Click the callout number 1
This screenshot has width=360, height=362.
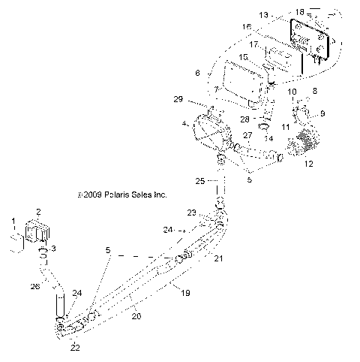click(x=12, y=221)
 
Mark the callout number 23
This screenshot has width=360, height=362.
click(x=191, y=213)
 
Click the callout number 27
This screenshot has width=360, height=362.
click(x=245, y=135)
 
